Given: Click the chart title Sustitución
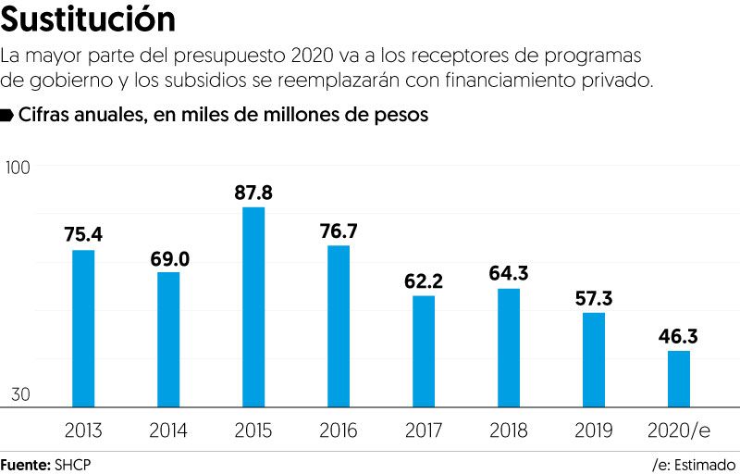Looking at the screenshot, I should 89,19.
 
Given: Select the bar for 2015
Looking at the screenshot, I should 253,306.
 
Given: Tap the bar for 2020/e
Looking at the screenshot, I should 679,379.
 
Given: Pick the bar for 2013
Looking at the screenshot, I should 83,328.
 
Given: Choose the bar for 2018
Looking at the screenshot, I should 509,347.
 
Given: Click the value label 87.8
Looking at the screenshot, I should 253,193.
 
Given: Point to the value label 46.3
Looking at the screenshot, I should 679,336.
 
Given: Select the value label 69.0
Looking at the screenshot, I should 169,258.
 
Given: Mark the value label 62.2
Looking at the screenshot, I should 424,281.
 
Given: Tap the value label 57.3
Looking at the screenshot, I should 594,298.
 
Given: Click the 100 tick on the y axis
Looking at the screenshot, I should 18,168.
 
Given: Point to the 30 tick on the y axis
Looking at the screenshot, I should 19,394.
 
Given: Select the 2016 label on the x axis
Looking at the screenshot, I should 339,430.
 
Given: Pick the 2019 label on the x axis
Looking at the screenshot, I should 594,430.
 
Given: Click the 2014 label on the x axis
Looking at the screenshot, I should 168,430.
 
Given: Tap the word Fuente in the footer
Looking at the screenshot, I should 25,463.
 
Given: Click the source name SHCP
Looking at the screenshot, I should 74,463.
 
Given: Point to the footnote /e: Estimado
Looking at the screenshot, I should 694,463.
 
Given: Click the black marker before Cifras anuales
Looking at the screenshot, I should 6,115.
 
